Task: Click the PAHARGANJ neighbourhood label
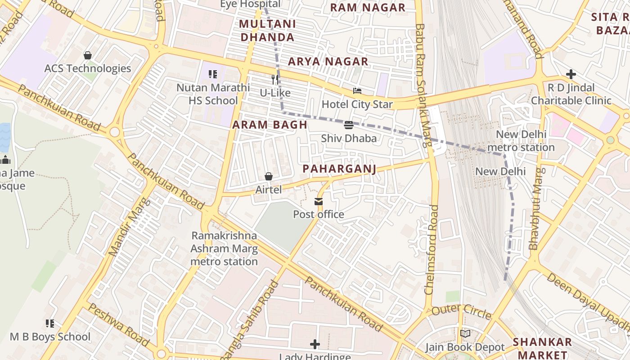point(339,169)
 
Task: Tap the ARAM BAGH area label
point(270,125)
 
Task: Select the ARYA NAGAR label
point(328,62)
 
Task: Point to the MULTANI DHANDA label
point(267,31)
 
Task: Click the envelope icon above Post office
point(319,201)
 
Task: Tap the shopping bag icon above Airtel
point(269,176)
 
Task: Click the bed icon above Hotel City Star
point(357,91)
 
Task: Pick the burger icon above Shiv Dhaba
point(349,125)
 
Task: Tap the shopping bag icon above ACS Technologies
point(88,55)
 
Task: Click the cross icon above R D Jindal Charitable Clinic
point(571,74)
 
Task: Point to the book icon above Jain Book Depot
point(465,334)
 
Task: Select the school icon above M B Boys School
point(50,324)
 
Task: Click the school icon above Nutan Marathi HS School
point(213,74)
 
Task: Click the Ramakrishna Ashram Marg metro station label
point(224,248)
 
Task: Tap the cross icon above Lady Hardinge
point(315,345)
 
